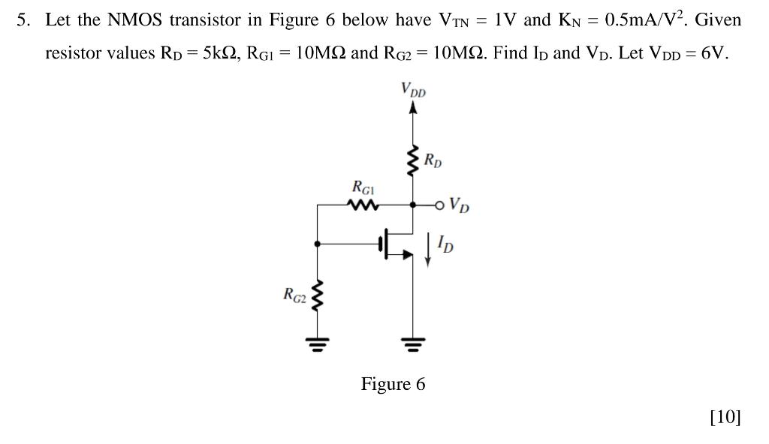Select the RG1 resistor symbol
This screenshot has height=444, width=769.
364,204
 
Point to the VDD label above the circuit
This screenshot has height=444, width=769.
413,90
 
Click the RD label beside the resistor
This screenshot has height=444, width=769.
433,160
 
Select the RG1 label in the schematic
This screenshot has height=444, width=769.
363,186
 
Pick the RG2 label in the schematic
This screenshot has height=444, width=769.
294,295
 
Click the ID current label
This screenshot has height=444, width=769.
445,244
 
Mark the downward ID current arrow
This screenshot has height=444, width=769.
428,249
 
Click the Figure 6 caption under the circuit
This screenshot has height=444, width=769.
393,385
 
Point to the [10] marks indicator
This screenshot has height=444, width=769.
725,417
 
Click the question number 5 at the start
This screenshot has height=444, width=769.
23,20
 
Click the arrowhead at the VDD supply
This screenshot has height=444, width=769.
412,108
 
